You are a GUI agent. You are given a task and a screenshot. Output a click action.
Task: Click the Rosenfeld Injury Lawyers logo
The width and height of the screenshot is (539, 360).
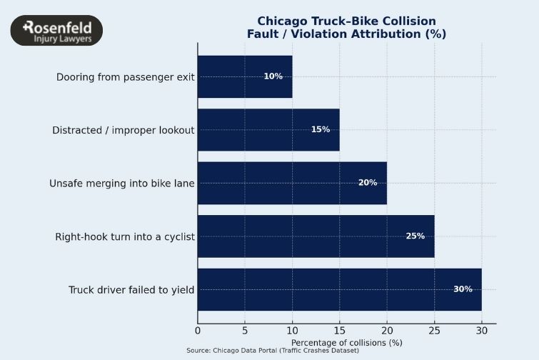[56, 31]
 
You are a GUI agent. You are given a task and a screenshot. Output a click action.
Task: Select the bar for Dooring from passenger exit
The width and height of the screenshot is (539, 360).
[244, 76]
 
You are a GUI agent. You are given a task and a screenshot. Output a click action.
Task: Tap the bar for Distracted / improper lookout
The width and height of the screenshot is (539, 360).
[268, 129]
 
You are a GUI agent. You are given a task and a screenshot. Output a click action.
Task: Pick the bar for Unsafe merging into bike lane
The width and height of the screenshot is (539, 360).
[291, 183]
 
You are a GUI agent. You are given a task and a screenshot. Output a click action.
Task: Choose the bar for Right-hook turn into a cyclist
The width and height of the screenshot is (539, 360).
[315, 236]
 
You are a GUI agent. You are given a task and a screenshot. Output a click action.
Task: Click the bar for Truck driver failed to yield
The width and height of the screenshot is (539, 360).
[339, 289]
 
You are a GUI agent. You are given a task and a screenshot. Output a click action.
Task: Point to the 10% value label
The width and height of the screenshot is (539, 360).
[273, 76]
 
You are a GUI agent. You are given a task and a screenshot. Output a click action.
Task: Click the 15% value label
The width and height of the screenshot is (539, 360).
[320, 129]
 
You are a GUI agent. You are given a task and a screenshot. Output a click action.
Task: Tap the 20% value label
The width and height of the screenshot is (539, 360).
[368, 183]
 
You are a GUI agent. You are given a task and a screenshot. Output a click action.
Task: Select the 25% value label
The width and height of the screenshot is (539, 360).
[415, 236]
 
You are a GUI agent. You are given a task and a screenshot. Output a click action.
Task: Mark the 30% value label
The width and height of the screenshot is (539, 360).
[463, 289]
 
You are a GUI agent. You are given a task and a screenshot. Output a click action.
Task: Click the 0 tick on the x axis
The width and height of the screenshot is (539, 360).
[198, 330]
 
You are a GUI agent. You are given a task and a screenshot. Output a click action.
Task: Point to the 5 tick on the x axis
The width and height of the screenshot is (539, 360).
[245, 330]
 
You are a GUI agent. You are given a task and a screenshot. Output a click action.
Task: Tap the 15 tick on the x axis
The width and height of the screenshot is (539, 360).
[339, 330]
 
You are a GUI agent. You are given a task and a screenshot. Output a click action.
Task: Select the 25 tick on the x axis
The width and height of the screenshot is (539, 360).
[434, 330]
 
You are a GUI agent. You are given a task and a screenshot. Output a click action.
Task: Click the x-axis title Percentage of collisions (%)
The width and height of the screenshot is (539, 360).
[346, 342]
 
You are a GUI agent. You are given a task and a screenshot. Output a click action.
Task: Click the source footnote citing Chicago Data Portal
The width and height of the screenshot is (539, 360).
[273, 351]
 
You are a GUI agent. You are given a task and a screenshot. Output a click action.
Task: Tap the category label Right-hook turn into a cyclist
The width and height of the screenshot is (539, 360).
[125, 236]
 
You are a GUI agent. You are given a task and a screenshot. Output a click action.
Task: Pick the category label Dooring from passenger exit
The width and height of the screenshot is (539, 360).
[126, 77]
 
